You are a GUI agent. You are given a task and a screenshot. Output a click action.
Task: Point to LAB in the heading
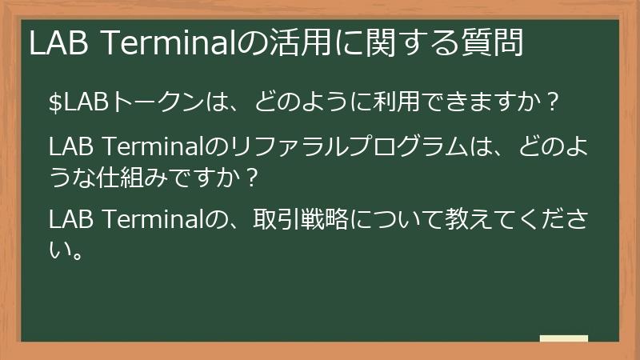tap(59, 43)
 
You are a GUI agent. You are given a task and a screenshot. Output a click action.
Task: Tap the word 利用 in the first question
tap(391, 103)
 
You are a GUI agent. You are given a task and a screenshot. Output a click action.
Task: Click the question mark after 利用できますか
tap(550, 103)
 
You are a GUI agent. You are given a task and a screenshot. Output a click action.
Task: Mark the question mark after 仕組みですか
tap(252, 178)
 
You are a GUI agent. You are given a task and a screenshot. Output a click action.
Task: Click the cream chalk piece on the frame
tap(564, 338)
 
